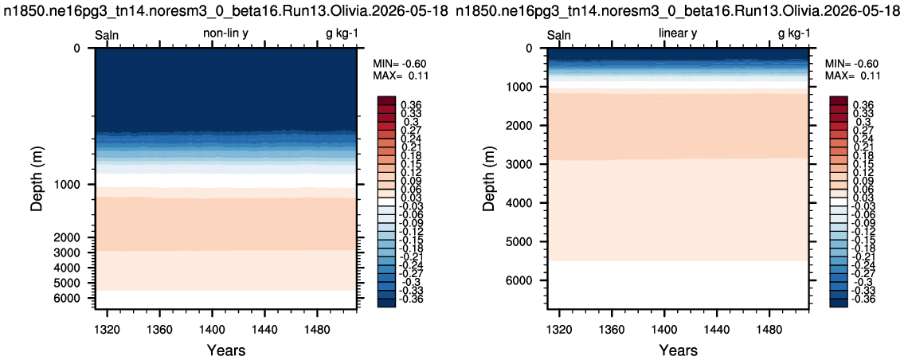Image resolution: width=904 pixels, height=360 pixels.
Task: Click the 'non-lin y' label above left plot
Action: [x=225, y=34]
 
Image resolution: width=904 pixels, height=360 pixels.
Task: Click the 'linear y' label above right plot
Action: [x=678, y=34]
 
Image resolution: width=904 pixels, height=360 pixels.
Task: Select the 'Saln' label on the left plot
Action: [x=107, y=34]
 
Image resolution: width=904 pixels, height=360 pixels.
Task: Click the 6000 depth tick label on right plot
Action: [x=521, y=280]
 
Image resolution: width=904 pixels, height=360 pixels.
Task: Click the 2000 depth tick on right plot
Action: [x=521, y=126]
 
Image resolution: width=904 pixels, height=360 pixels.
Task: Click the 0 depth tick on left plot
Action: [x=78, y=49]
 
